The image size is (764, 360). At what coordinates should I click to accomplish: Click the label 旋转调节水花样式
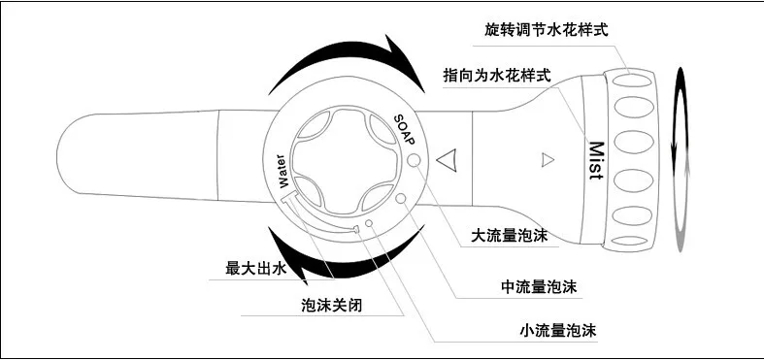click(547, 31)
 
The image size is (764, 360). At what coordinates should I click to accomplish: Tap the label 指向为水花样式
click(497, 76)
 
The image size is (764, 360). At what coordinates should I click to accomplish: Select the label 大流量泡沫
click(509, 236)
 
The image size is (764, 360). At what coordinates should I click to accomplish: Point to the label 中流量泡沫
click(539, 287)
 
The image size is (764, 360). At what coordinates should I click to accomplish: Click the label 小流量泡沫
click(558, 331)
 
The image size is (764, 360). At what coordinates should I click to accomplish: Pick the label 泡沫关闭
click(332, 306)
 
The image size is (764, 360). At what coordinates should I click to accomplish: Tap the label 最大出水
click(255, 269)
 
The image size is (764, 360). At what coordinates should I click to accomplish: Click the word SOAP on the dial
click(404, 130)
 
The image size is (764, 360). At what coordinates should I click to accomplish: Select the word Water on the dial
click(282, 171)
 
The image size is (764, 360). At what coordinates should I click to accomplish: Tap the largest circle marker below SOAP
click(414, 160)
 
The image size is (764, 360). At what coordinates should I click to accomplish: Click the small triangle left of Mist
click(548, 160)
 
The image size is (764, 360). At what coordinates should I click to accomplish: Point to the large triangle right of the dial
click(446, 160)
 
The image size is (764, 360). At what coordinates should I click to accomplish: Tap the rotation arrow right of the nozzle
click(681, 160)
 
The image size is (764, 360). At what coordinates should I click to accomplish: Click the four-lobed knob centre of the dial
click(347, 161)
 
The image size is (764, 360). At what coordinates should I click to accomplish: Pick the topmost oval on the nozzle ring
click(632, 79)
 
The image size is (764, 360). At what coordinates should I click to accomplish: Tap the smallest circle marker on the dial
click(369, 223)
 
